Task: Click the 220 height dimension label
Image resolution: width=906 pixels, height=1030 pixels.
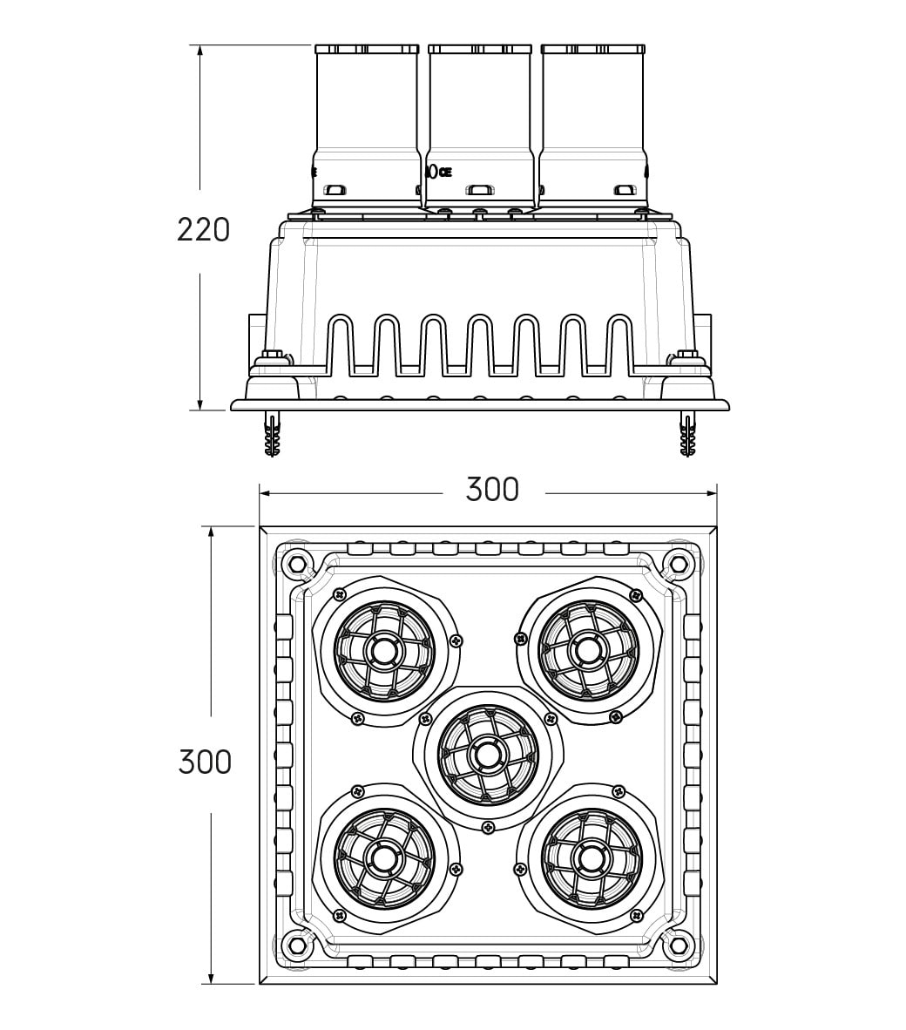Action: pos(204,230)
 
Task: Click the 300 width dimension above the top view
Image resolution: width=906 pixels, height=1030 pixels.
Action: pos(492,490)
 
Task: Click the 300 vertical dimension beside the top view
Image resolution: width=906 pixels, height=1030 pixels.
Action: pos(205,762)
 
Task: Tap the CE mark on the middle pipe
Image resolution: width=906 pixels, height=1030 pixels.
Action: pos(446,173)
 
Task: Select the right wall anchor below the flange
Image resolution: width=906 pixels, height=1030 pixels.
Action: pos(687,434)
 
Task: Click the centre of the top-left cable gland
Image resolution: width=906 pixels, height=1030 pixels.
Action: pos(382,651)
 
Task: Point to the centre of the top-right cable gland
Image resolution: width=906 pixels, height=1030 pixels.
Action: pos(586,651)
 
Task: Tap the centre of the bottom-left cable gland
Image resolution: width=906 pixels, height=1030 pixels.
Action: pos(382,857)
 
